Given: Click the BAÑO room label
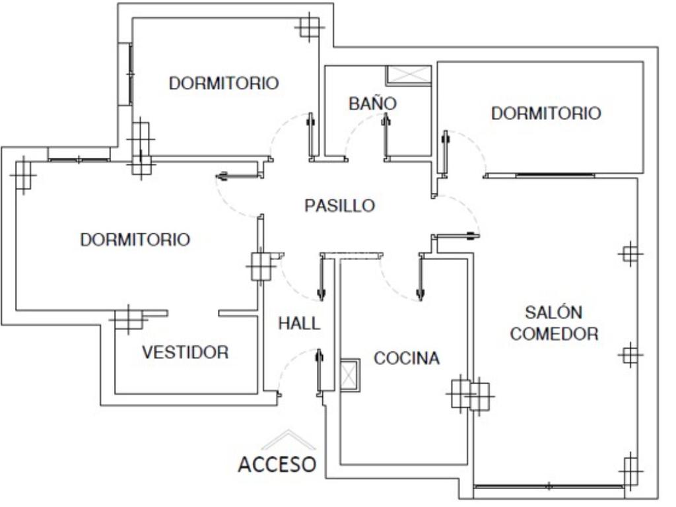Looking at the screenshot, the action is (x=372, y=103).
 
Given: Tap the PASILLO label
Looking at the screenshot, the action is (x=340, y=205).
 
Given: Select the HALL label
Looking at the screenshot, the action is (x=299, y=323).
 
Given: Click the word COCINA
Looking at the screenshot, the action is (x=407, y=358).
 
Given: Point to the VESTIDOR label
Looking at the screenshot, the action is (x=186, y=353).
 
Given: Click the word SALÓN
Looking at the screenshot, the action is (x=554, y=312).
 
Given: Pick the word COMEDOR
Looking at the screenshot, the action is (x=554, y=333).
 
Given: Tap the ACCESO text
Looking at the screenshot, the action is (x=277, y=464).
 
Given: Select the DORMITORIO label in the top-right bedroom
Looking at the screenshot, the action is (x=546, y=114).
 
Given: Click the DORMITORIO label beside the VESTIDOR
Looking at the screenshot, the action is (x=135, y=240).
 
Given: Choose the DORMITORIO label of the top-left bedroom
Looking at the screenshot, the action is (x=224, y=83).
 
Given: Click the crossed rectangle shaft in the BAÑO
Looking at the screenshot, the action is (x=409, y=74).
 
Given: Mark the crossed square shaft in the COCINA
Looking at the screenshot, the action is (x=350, y=375).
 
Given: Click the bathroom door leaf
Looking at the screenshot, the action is (x=386, y=136).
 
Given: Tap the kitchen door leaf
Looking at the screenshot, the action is (x=421, y=276).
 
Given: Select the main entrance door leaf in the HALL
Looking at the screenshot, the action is (x=320, y=371).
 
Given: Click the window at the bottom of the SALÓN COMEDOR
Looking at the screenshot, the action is (x=549, y=487).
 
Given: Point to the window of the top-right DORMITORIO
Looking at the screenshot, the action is (x=555, y=175).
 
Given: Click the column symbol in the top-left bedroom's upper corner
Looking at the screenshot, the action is (x=309, y=26).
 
